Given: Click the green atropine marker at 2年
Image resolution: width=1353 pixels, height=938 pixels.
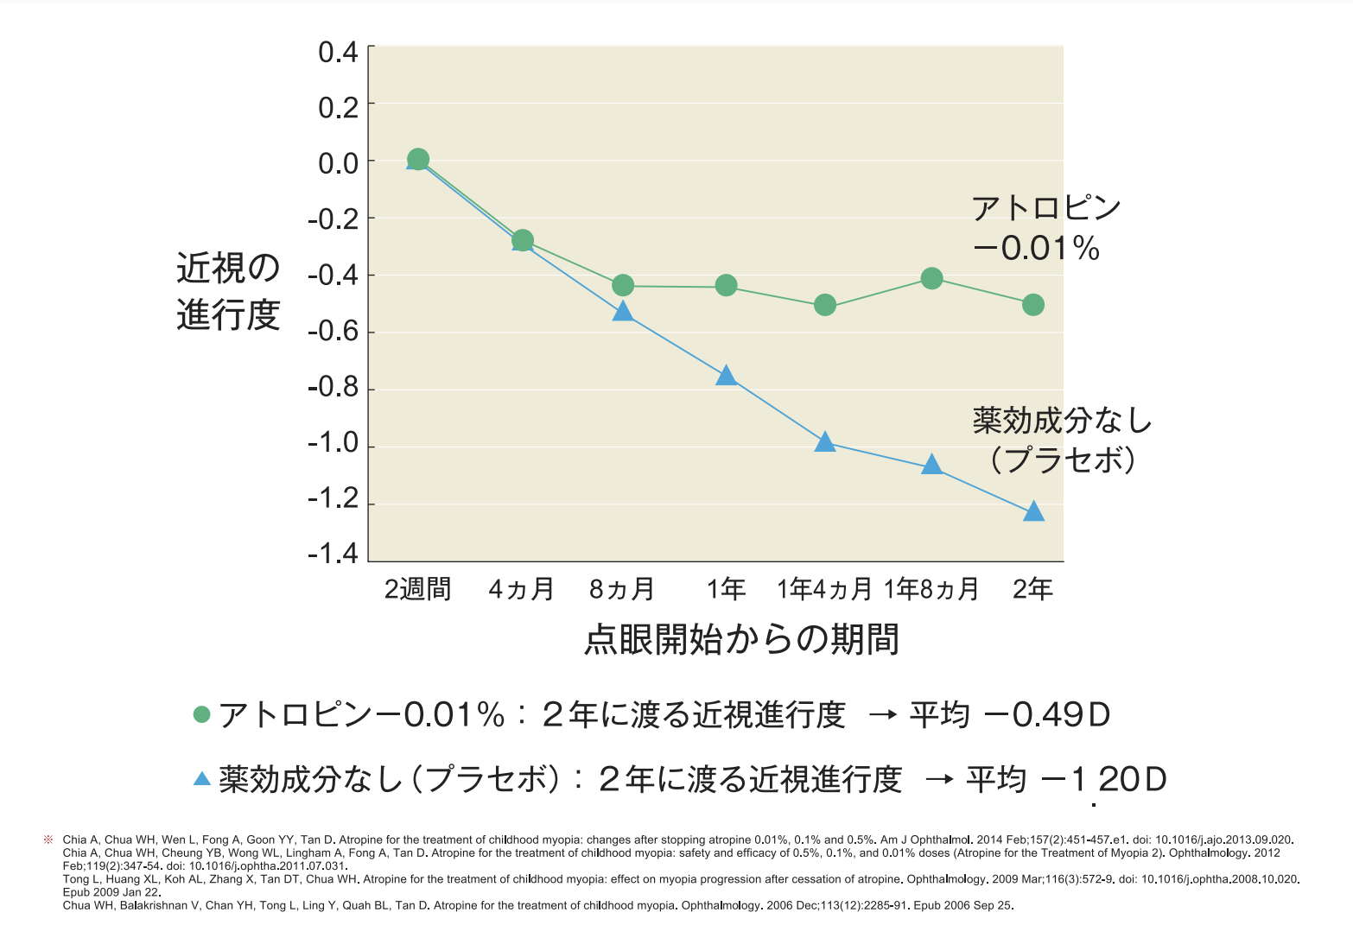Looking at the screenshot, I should coord(1032,305).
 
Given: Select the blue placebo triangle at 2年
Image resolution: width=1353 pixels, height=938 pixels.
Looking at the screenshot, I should coord(1033,512).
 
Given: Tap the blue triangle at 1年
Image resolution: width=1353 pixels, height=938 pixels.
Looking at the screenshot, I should coord(726,376).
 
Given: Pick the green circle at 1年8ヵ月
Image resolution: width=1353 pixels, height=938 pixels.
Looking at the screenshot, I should coord(931,278).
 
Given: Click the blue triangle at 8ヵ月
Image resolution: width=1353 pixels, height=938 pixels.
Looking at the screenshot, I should coord(623,312).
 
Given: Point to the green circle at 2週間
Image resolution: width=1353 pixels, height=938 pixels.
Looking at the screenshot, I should coord(418,160).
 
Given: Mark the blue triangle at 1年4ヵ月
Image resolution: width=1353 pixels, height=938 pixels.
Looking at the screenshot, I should coord(825,443).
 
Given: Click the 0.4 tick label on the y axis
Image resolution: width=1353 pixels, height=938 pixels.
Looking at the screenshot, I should coord(338,53).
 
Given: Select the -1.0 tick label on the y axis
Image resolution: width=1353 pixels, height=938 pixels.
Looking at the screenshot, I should coord(333,443).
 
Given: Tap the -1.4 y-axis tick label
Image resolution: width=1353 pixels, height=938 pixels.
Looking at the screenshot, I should coord(333,554).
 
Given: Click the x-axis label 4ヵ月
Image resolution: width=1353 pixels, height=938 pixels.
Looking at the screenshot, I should coord(521,589).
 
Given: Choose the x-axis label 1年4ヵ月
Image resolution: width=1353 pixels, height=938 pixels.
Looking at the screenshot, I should coord(825,589).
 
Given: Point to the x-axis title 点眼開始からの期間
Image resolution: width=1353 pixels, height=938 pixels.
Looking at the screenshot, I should coord(741,640).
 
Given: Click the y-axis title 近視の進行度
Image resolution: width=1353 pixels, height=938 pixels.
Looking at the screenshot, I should coord(228,292).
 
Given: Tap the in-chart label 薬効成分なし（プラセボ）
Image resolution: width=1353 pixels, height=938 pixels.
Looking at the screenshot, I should coord(1062,440).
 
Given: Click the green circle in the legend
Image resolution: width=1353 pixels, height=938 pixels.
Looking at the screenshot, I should coord(202,714).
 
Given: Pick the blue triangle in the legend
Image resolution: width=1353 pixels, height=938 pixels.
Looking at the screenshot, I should coord(202,779).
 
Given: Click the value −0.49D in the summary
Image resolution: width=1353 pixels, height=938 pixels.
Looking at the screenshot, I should coord(1046,715).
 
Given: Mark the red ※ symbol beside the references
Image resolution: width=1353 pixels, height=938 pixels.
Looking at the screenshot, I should coord(48,840).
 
